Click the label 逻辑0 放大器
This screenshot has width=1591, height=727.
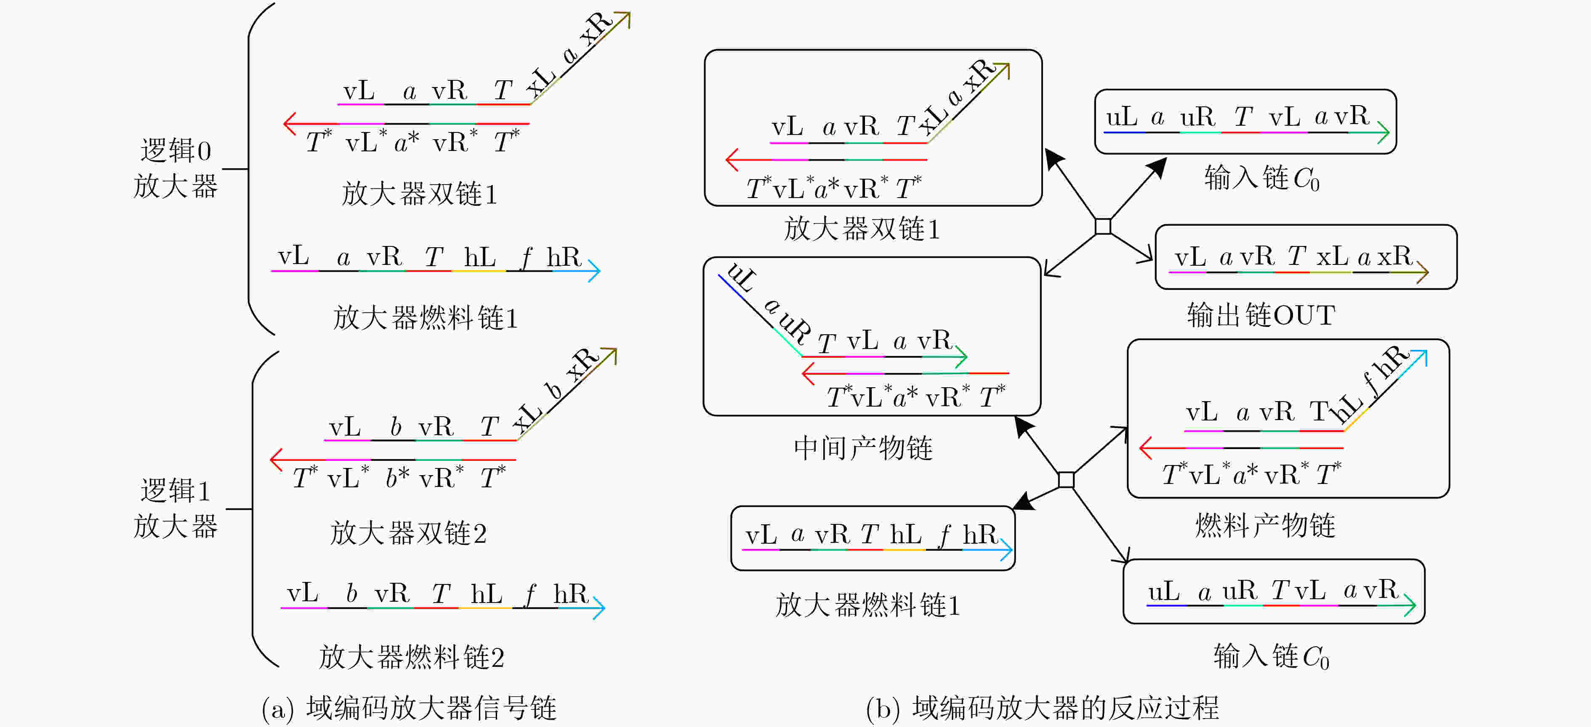[176, 168]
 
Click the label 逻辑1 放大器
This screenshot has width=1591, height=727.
[176, 508]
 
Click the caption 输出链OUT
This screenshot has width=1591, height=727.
[1261, 315]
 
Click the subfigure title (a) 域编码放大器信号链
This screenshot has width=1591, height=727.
[409, 708]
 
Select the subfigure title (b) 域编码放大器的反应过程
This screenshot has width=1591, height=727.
[1043, 708]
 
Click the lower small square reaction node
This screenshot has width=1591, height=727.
[1066, 479]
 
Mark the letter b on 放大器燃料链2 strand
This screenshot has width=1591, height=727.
[351, 592]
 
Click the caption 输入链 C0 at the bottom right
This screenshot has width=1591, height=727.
[1271, 656]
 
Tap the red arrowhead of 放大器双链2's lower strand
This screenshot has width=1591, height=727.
[277, 459]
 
